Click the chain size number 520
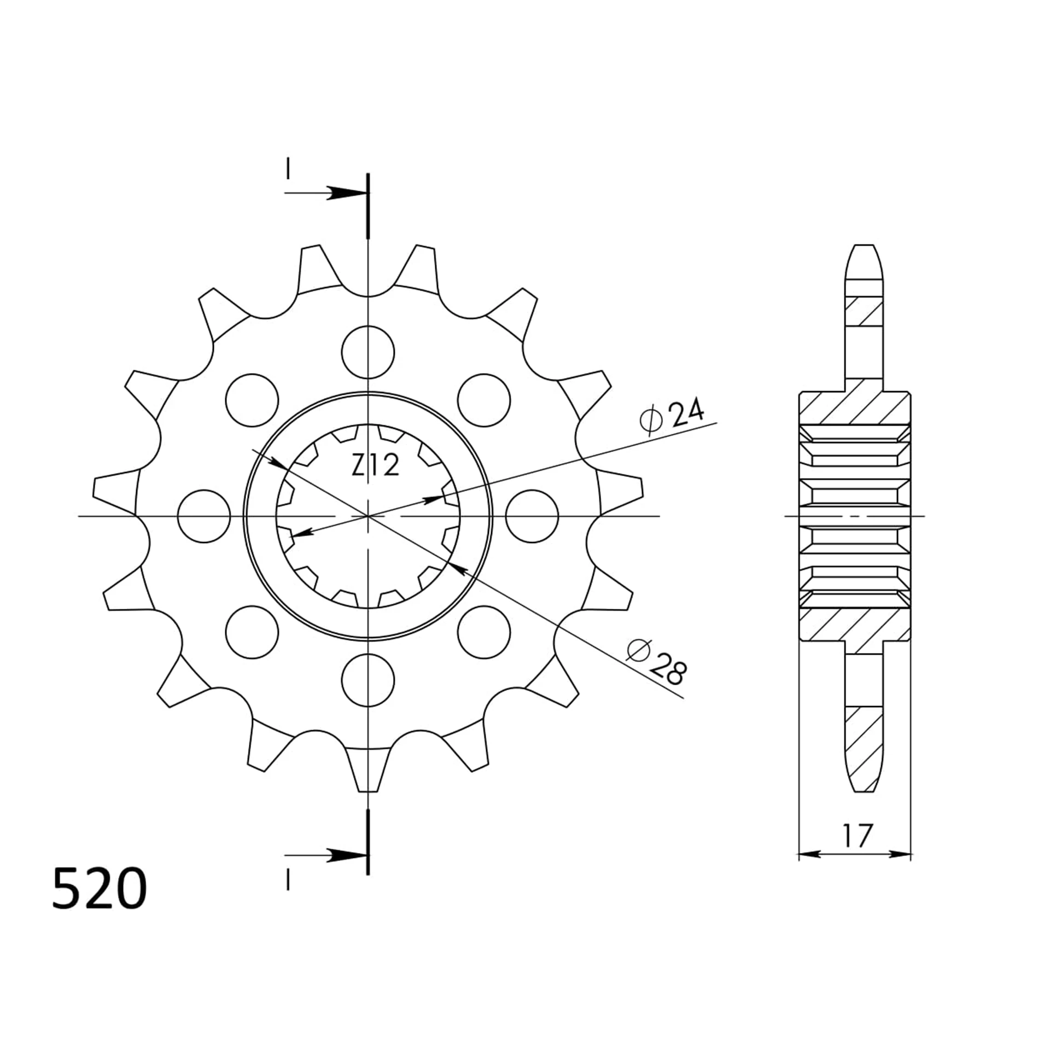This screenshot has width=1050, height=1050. tap(99, 888)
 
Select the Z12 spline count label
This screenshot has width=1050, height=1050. tap(375, 466)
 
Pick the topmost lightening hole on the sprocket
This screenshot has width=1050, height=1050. tap(367, 352)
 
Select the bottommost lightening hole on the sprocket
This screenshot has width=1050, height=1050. tap(367, 680)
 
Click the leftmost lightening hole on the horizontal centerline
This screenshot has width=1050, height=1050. tap(204, 516)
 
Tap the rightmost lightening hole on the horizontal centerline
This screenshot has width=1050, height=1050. tap(532, 516)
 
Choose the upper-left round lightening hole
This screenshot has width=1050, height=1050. tap(252, 400)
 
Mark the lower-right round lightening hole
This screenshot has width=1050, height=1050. tap(483, 632)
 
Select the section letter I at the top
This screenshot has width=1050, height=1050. tap(288, 169)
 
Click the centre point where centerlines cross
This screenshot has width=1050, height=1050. tap(368, 516)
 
